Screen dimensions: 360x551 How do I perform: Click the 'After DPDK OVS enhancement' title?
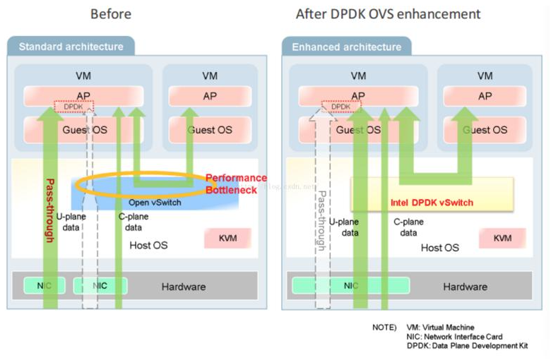pos(388,14)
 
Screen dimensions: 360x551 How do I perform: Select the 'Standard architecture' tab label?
pos(71,47)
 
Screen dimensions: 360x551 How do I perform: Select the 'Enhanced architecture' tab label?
pos(345,47)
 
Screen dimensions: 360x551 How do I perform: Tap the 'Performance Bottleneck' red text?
pos(236,184)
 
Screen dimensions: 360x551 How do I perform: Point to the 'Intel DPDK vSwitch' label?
pos(432,203)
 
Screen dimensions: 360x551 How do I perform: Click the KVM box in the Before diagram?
pos(227,239)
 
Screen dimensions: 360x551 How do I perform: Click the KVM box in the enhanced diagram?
pos(502,239)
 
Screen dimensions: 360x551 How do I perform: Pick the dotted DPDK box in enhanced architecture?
pos(341,107)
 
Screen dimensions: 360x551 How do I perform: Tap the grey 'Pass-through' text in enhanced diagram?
pos(321,220)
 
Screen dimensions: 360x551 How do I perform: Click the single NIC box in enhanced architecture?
pos(350,286)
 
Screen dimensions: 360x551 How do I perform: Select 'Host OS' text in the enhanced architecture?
pos(439,248)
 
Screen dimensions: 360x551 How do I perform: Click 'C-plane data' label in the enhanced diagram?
pos(408,227)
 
